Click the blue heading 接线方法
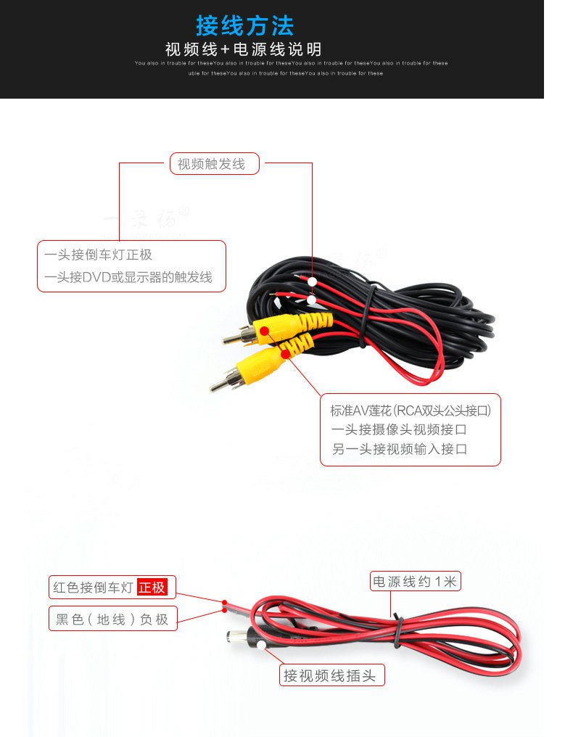(x=245, y=26)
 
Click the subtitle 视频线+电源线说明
(x=243, y=50)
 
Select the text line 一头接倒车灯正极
(x=98, y=255)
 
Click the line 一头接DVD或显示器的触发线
(x=128, y=277)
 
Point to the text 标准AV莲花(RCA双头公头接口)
(x=411, y=411)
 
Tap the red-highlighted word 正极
(x=152, y=588)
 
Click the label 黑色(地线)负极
(x=112, y=619)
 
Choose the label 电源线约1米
(x=416, y=582)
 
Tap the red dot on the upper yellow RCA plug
(x=265, y=331)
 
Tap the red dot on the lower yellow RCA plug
(x=286, y=354)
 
